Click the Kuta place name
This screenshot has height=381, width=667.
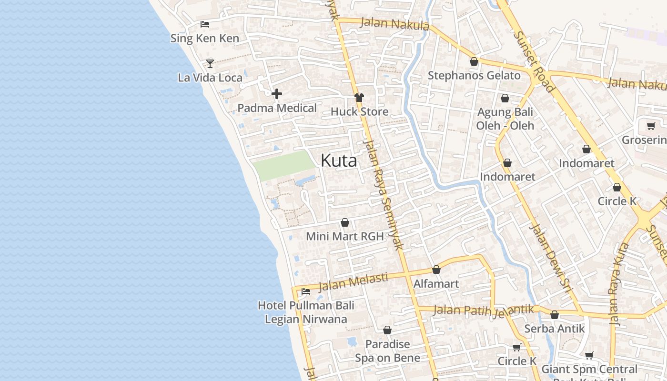point(339,160)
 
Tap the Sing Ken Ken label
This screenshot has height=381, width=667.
point(205,39)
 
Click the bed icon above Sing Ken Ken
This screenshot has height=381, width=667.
point(205,24)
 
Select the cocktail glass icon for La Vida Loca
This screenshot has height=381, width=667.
point(210,63)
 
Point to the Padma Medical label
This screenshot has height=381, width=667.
point(277,108)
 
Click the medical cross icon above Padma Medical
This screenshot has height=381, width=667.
point(277,94)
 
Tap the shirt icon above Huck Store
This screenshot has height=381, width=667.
point(359,98)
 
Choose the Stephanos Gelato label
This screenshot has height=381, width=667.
point(474,75)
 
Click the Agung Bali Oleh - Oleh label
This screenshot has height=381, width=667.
point(505,119)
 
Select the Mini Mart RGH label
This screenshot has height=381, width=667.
point(345,236)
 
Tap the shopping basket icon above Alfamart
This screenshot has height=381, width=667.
point(436,270)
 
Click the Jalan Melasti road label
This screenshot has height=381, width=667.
point(353,281)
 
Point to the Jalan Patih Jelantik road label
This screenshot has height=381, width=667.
point(484,311)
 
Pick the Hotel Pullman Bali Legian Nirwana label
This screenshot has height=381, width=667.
point(306,312)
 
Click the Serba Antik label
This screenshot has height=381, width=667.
point(554,329)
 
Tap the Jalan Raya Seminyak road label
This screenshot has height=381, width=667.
point(383,195)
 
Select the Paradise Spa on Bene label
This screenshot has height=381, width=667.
point(388,351)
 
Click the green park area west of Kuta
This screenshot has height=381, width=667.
point(284,165)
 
